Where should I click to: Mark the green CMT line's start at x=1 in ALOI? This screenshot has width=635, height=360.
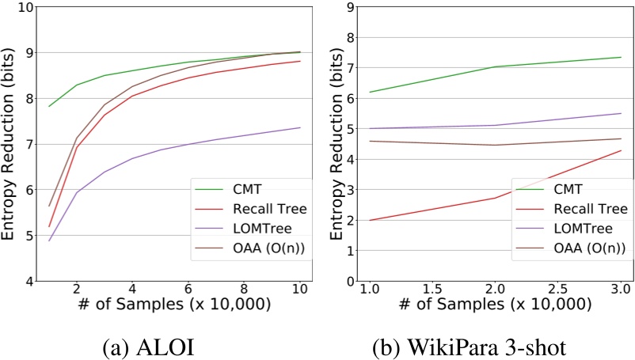[x=49, y=106]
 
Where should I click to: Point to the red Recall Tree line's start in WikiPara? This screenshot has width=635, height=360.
[x=370, y=220]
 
